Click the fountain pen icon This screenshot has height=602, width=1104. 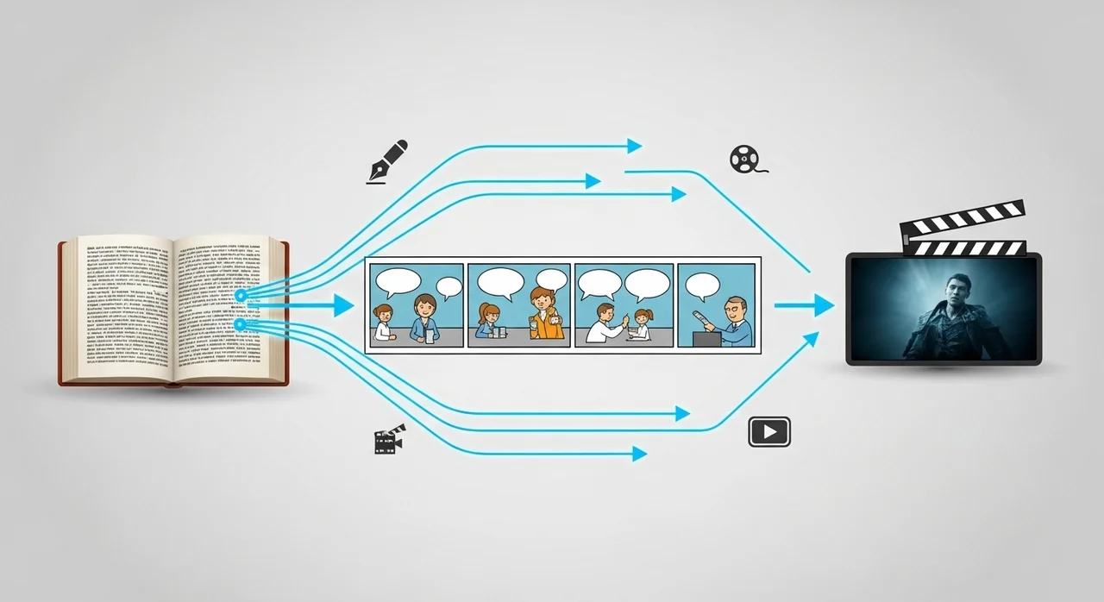coord(388,161)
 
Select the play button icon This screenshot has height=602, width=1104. coord(769,431)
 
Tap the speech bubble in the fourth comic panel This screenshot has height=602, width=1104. coord(703,285)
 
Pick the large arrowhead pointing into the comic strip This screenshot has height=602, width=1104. coord(344,304)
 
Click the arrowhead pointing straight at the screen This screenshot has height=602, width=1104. coord(824,305)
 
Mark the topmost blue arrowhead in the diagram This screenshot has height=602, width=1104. coord(635,146)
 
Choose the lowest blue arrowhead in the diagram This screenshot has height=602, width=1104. coord(639,454)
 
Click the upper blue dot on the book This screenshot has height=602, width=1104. coord(241,296)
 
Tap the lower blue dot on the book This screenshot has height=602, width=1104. coord(241,324)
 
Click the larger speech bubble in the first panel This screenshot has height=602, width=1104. coord(398,282)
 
